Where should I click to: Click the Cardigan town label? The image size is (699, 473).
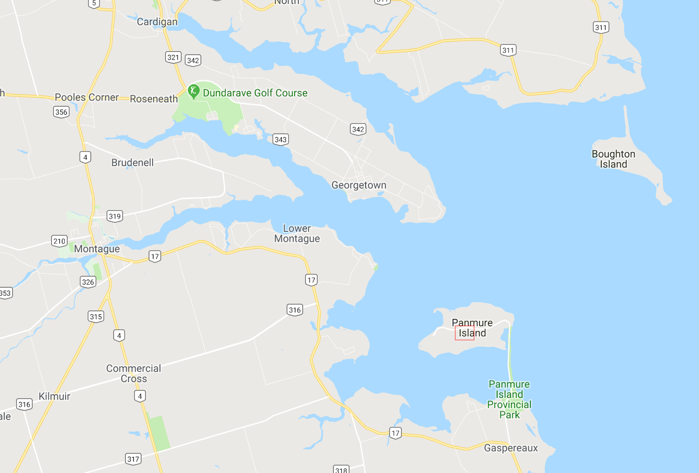tap(157, 22)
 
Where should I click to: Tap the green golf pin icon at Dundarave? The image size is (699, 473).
tap(193, 91)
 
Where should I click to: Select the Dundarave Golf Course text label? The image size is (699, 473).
tap(255, 93)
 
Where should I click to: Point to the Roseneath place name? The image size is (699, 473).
tap(154, 99)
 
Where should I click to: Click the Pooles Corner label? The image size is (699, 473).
tap(87, 97)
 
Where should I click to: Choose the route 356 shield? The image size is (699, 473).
tap(61, 112)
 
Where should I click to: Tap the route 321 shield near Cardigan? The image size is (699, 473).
tap(173, 57)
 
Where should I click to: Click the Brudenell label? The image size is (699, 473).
tap(132, 163)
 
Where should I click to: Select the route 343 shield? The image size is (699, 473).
tap(280, 139)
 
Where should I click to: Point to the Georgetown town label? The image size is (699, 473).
tap(359, 185)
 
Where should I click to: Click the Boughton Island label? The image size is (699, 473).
tap(613, 159)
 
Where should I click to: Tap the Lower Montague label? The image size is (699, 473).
tap(297, 233)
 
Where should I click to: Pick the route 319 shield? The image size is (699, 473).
tap(115, 216)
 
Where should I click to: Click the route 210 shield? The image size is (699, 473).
tap(59, 241)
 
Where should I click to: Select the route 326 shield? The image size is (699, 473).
tap(88, 282)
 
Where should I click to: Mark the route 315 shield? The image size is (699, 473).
tap(96, 316)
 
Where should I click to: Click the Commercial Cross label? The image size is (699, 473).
tap(134, 374)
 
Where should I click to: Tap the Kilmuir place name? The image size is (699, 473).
tap(54, 396)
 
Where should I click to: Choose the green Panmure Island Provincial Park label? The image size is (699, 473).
tap(509, 400)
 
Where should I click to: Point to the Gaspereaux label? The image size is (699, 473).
tap(511, 448)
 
